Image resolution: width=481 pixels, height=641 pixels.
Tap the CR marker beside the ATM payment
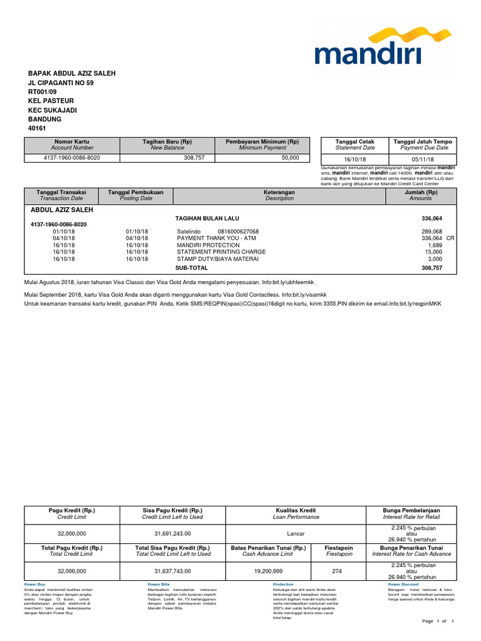[450, 238]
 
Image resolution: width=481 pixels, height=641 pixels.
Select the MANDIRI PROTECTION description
[208, 245]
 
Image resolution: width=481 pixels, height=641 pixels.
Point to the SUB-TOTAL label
[191, 268]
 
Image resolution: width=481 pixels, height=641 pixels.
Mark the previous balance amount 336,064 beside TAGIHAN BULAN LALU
[430, 218]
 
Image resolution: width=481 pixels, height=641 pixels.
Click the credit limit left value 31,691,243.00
[172, 534]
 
